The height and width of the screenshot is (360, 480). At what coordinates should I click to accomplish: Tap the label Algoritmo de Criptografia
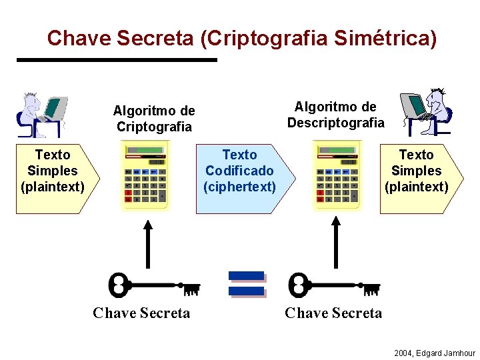tap(154, 119)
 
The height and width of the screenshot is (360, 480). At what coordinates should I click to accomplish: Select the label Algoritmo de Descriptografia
tap(335, 115)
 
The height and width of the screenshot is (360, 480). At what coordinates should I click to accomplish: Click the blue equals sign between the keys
tap(247, 284)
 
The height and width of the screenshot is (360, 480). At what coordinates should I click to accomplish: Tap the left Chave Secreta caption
tap(141, 313)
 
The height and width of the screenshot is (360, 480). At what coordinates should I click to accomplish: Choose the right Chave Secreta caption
tap(333, 313)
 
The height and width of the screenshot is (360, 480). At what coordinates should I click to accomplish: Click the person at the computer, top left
tap(41, 114)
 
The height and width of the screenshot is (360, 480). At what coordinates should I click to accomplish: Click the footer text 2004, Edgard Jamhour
tap(435, 353)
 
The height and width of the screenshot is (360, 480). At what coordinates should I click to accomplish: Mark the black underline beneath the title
tap(117, 60)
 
